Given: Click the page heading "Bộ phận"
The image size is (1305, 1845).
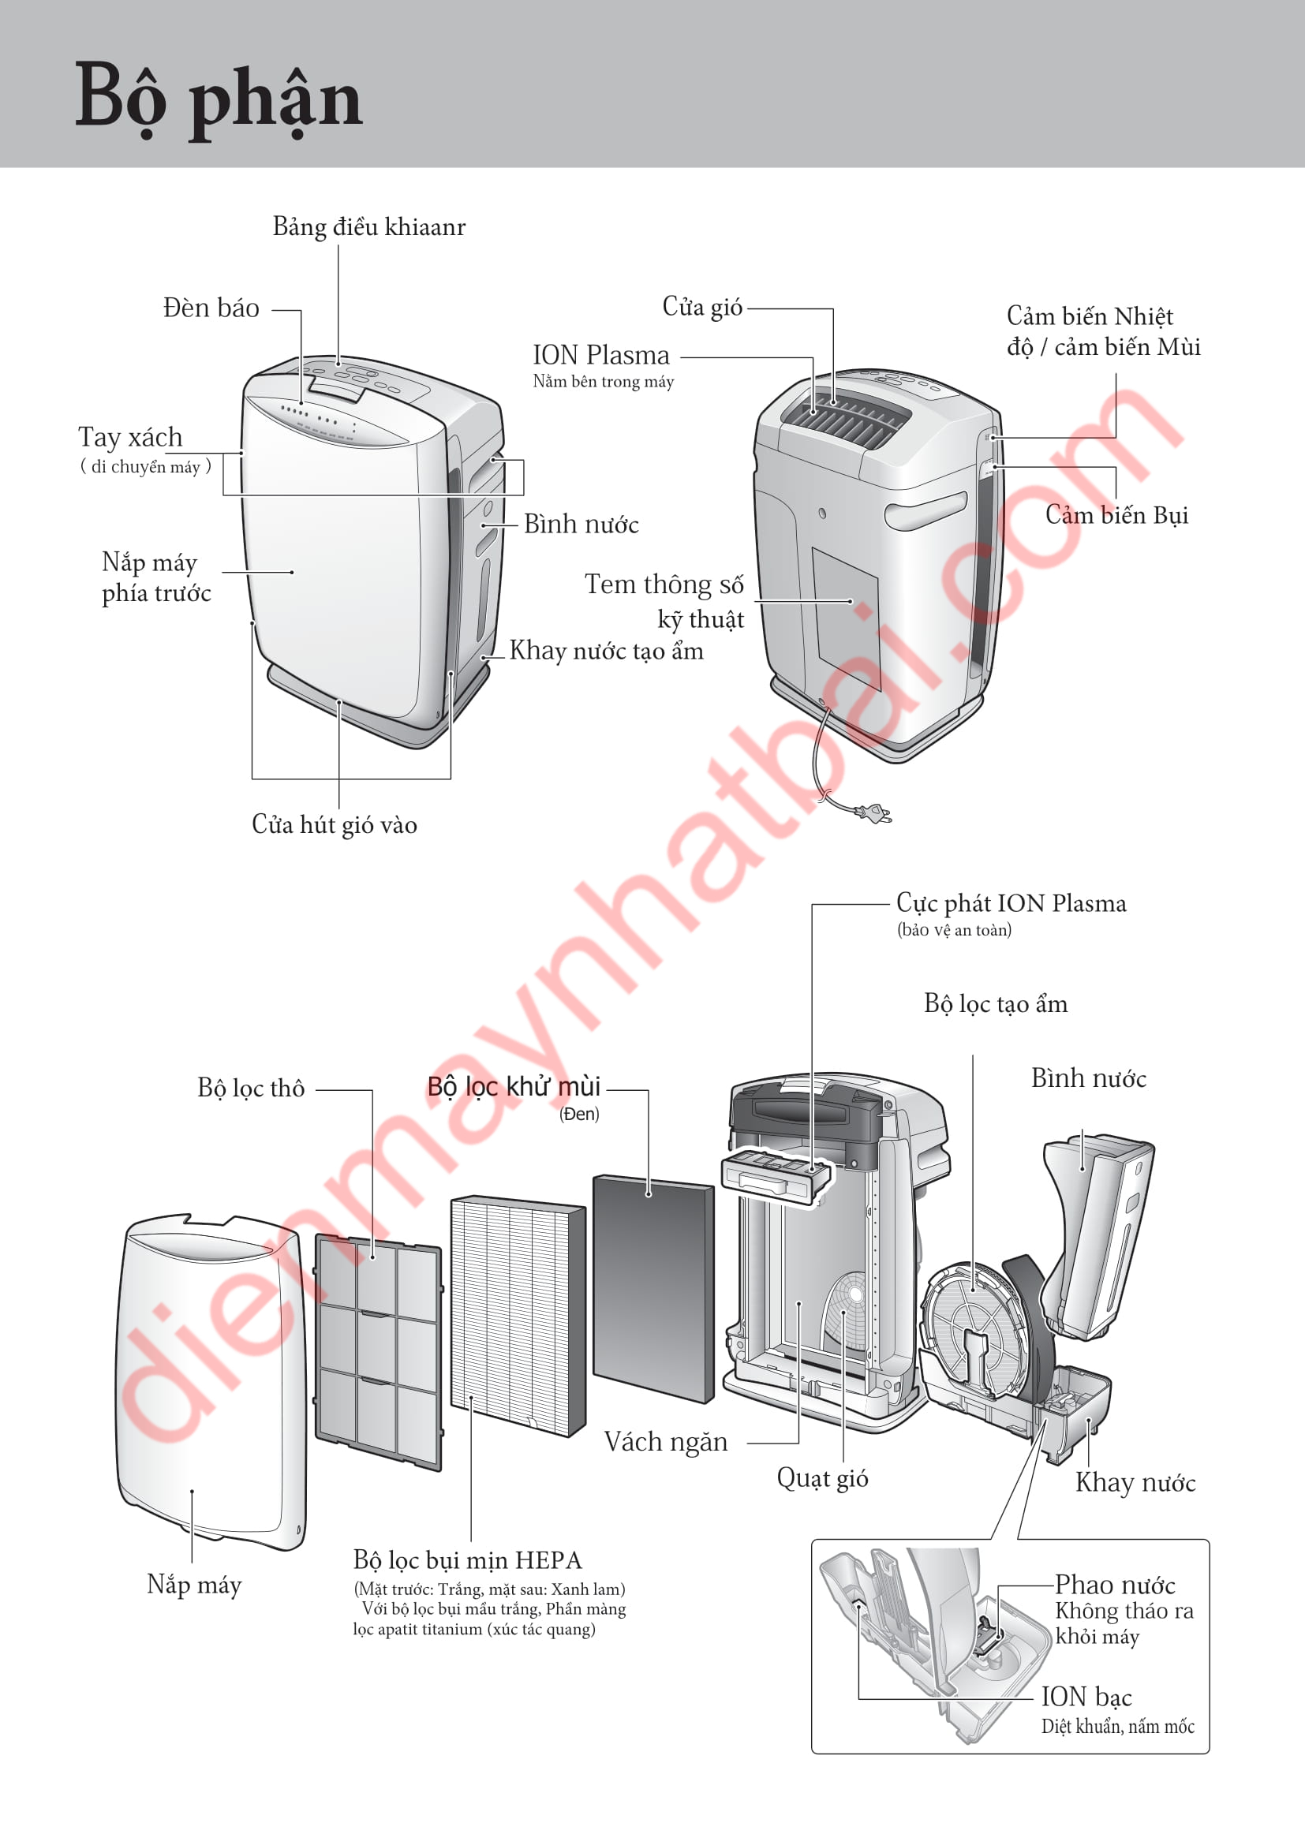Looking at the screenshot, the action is point(219,99).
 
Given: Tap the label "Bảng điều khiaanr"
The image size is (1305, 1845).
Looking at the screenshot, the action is point(368,226).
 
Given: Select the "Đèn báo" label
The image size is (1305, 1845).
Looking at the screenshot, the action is point(211,308).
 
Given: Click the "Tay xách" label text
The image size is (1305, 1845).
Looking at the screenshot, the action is point(130,437).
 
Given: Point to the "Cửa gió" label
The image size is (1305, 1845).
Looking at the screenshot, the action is point(702,307).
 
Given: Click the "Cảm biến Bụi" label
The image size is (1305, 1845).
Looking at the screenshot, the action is point(1116,515).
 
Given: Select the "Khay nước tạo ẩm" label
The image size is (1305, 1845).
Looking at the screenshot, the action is point(606,651).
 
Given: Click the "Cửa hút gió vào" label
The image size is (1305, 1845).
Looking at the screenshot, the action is point(335,825).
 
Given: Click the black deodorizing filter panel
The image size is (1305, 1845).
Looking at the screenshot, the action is point(653,1289).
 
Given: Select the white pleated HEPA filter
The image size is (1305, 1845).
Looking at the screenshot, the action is point(518,1316).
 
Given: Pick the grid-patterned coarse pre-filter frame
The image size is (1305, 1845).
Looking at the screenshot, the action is point(379,1353).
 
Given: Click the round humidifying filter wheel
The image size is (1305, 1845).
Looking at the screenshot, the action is point(974,1326).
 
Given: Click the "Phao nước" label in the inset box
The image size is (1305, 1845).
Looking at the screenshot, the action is point(1115,1585).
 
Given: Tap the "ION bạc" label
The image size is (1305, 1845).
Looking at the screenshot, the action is point(1086,1697).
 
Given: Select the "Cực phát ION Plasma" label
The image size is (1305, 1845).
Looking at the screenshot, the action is point(1011,903).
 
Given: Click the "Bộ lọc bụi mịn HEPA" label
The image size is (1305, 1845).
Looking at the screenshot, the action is point(468,1560).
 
